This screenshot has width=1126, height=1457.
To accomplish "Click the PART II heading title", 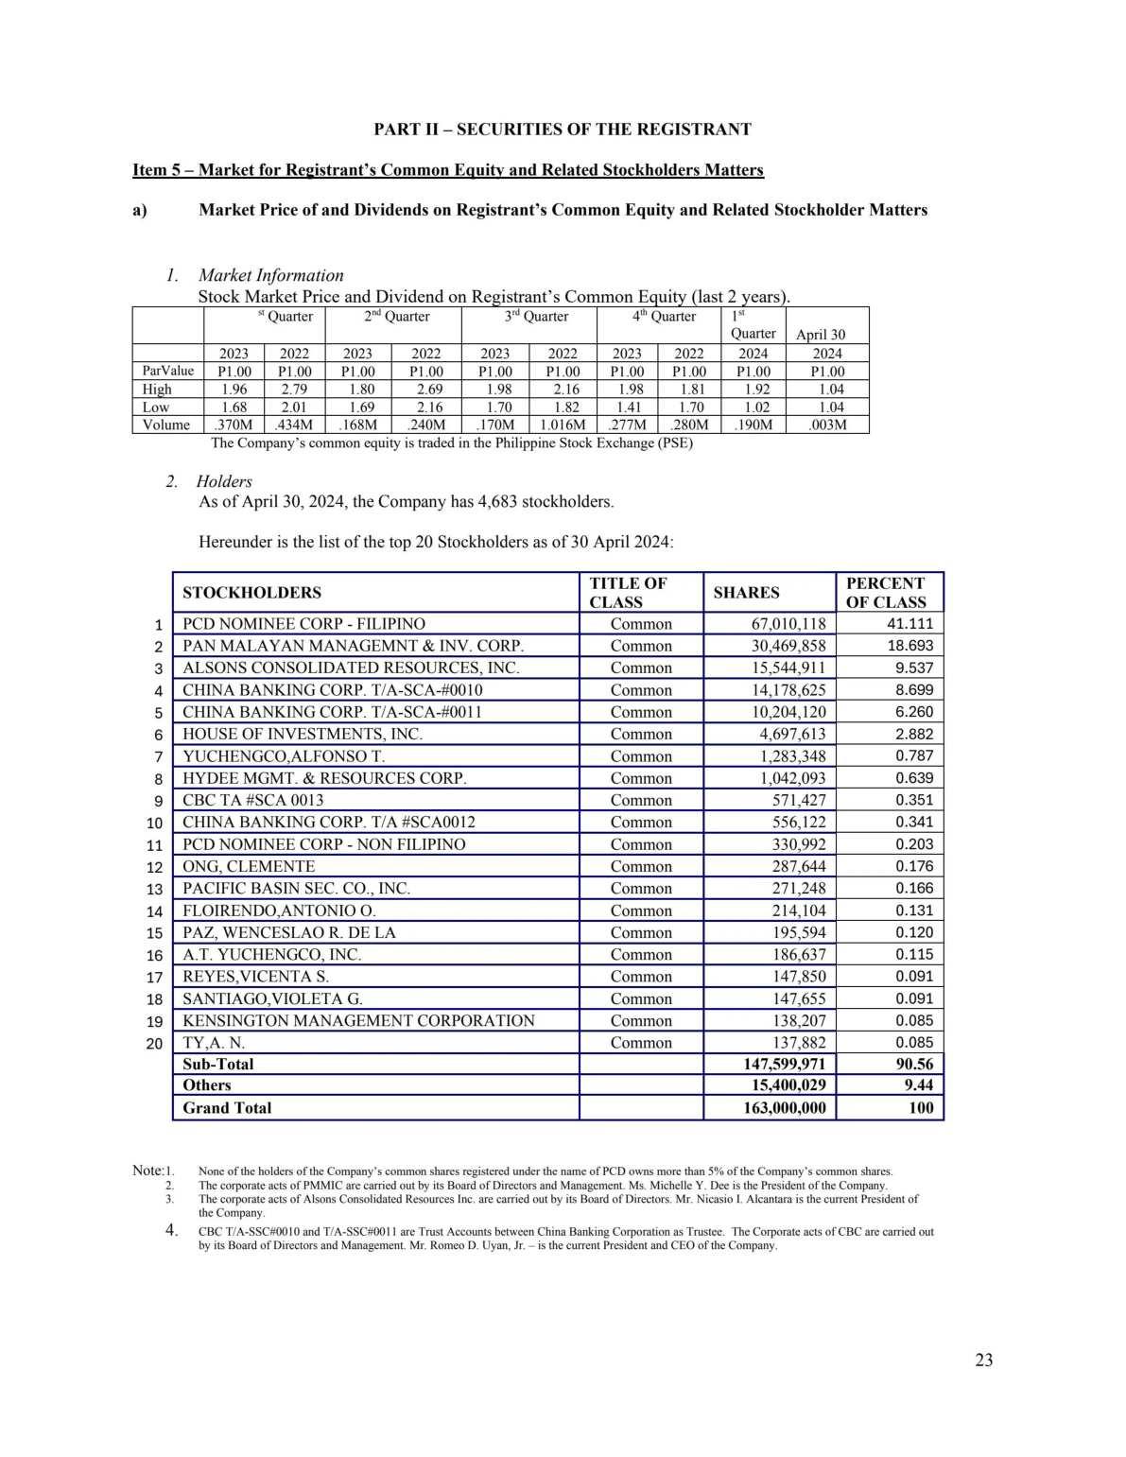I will pos(563,130).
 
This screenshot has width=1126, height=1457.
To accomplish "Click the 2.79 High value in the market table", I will pos(294,389).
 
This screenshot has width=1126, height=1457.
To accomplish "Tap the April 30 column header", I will pos(821,335).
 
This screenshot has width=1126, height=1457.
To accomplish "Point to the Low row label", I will pos(156,407).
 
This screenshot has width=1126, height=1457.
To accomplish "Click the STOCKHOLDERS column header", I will pos(251,593).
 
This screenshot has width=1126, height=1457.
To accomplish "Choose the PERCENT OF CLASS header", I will pos(886,593).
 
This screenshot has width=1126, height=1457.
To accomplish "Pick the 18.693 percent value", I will pos(909,646).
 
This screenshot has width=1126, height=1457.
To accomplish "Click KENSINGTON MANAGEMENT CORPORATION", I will pos(358,1020).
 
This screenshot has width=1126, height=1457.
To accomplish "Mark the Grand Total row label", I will pos(227,1108).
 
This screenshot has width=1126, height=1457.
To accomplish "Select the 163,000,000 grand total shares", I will pos(784,1108).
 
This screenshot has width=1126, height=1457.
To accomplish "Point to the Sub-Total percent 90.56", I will pos(914,1064).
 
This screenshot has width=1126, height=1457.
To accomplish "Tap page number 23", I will pos(983,1360).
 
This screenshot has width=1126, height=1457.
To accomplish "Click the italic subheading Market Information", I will pos(270,275).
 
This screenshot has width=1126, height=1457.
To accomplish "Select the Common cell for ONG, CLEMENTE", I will pos(641,866).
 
